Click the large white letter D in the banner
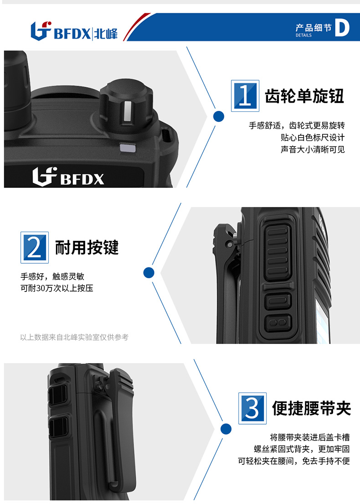coord(342,27)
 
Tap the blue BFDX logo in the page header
coord(74,31)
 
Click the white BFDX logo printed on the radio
coord(68,177)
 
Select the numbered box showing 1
coord(245,96)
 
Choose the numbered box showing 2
coord(34,248)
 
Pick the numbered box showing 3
coord(252,408)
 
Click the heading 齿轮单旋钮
coord(304,96)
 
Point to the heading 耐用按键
coord(87,248)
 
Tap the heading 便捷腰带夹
coord(312,409)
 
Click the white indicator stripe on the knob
coord(128,111)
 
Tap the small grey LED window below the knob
coord(128,147)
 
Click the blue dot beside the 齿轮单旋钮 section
coord(219,116)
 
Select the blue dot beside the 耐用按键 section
coord(149,273)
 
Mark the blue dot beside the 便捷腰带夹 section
coord(226,429)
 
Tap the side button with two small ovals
coord(278,322)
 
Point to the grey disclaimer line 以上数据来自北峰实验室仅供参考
coord(74,337)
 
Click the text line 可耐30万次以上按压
coord(57,288)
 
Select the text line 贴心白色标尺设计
coord(313,138)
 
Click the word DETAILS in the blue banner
coord(303,36)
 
